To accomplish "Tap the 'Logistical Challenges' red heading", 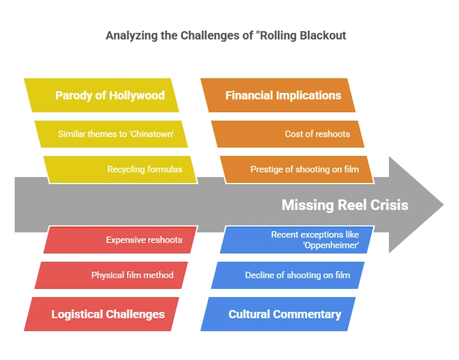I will click(x=108, y=313).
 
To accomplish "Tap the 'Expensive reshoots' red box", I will click(x=121, y=240).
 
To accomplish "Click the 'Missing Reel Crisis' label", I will click(x=344, y=205).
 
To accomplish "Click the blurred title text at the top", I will click(x=227, y=35).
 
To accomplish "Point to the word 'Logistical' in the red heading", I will click(x=80, y=313).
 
